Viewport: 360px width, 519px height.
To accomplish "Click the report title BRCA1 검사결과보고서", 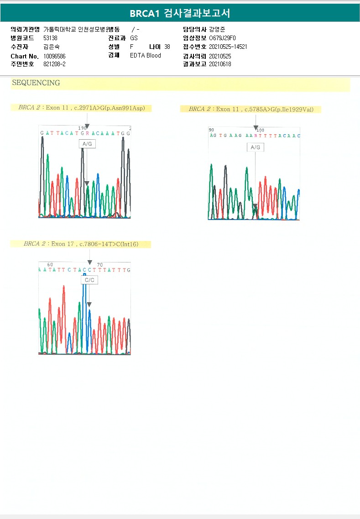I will click(180, 13).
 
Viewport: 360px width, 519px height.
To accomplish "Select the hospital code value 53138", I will click(50, 38).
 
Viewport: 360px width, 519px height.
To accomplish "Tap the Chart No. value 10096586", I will click(54, 56).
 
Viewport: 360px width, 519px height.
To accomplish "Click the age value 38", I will click(167, 47).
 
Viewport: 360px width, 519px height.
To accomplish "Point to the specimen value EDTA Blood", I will click(146, 56).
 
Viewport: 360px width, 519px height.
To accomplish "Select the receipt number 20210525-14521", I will click(228, 47).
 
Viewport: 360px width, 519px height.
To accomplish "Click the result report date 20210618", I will click(220, 64).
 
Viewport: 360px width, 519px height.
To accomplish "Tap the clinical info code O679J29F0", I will click(223, 38).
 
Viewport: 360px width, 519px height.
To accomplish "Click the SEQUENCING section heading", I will click(36, 83).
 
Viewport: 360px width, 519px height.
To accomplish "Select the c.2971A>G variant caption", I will click(82, 108).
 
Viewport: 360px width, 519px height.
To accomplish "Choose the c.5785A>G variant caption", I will click(251, 110).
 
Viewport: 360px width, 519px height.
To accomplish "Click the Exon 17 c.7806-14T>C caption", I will click(81, 244).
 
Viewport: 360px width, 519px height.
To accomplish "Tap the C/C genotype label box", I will click(89, 280).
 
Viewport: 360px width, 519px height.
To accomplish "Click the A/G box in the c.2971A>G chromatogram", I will click(87, 144).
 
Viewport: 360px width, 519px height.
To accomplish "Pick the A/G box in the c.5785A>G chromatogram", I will click(256, 147).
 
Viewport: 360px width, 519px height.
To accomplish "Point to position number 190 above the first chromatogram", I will click(83, 128).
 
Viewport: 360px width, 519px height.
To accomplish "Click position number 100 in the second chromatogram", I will click(260, 130).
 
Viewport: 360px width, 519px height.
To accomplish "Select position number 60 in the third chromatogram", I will click(50, 265).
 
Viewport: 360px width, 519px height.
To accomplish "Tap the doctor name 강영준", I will click(218, 29).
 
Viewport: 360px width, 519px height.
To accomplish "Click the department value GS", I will click(134, 38).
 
